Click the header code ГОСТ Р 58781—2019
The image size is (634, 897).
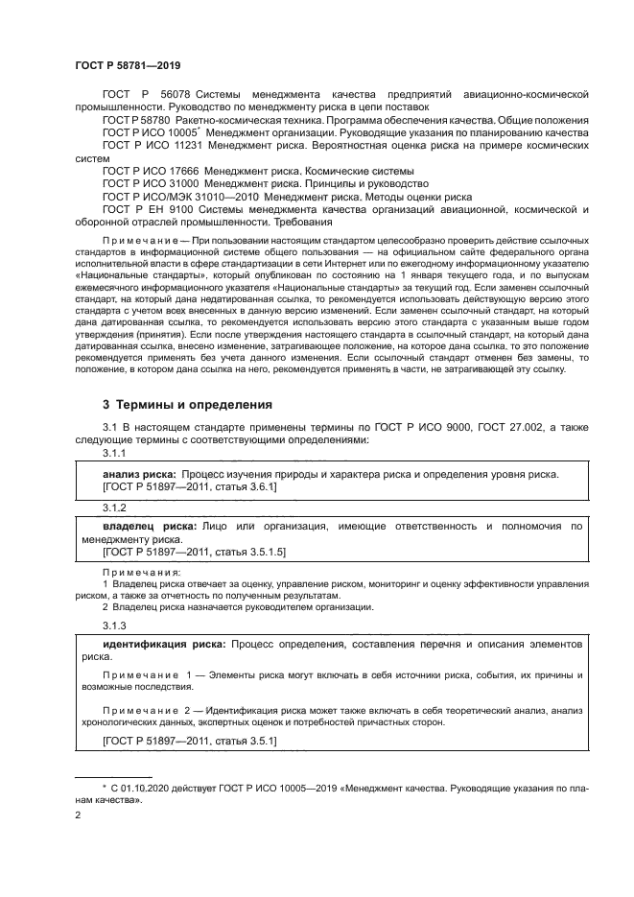pos(128,65)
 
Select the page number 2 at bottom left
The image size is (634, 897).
pos(79,815)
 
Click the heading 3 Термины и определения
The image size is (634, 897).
pos(175,405)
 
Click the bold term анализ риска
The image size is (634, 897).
pos(138,474)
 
